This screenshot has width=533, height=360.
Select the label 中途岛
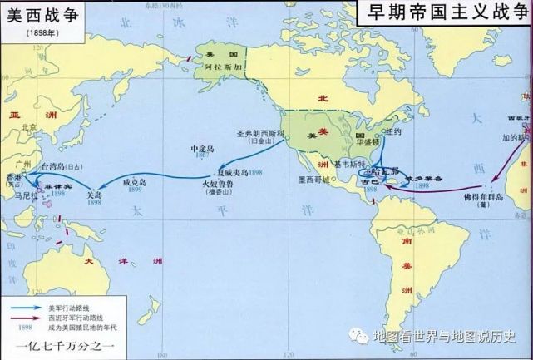[x=203, y=148]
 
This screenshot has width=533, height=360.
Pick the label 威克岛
[x=136, y=180]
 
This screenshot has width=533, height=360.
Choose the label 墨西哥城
[x=316, y=180]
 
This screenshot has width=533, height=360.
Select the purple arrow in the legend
[x=26, y=316]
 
